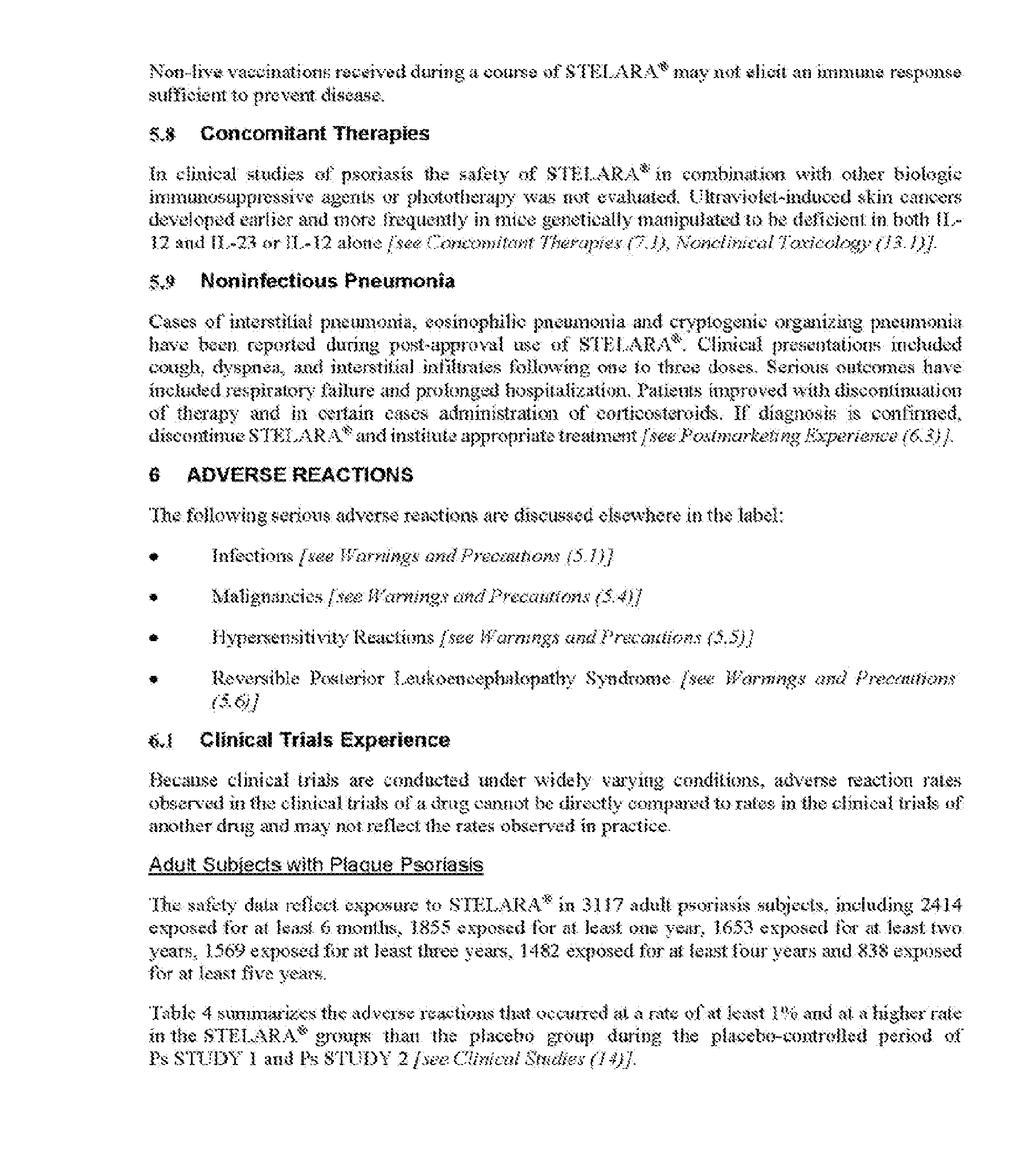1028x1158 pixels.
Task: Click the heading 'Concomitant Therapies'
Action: point(315,133)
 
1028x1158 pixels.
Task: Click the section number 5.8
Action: point(161,134)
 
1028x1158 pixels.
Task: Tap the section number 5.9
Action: point(161,282)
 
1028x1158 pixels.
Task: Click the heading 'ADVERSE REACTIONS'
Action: point(300,475)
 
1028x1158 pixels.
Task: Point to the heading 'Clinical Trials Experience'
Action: point(325,740)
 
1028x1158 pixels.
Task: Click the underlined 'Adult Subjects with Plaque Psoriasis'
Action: point(316,865)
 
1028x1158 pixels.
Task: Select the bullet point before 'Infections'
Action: point(152,557)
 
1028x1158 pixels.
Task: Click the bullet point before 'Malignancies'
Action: point(152,598)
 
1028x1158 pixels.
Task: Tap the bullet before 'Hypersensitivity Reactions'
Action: point(152,639)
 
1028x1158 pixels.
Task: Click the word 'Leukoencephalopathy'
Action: point(484,679)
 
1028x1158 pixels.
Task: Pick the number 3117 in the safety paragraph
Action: point(605,905)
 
